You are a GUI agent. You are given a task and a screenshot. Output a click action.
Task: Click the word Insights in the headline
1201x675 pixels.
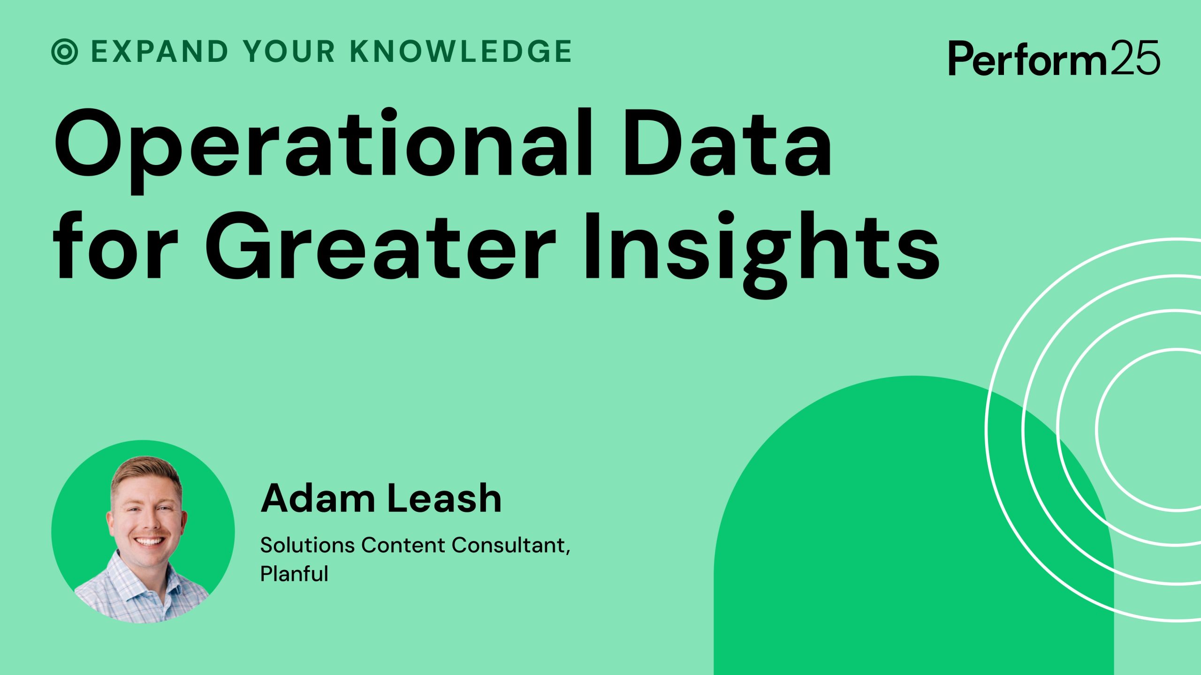coord(760,248)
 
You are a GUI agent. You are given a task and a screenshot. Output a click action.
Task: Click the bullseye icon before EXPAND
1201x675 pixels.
coord(64,51)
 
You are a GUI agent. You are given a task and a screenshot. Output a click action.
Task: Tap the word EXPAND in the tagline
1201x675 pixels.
coord(160,51)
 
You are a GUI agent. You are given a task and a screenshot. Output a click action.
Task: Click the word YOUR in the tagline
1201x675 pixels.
coord(289,51)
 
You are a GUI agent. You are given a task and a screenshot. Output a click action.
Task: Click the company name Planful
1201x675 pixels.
coord(294,574)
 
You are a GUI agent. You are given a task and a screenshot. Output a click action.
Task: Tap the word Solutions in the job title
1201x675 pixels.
coord(307,545)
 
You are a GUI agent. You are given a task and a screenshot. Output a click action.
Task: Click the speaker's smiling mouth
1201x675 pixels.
coord(149,541)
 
